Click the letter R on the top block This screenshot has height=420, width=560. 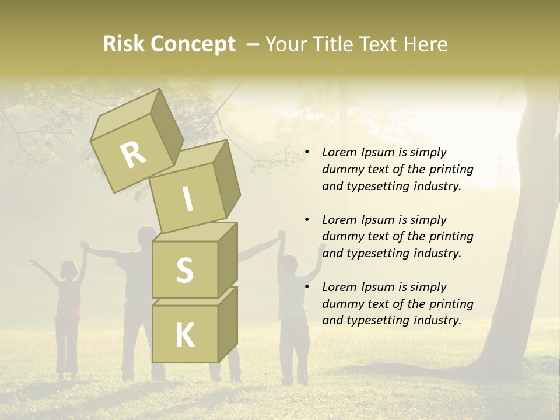[134, 155]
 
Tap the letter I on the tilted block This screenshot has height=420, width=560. [187, 199]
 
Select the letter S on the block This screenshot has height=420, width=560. [184, 270]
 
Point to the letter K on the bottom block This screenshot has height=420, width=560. [184, 335]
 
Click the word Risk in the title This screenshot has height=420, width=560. [124, 44]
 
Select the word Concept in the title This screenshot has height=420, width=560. [193, 45]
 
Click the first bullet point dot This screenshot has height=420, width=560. [307, 153]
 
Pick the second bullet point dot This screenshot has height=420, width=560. [307, 220]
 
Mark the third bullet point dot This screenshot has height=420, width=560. [307, 287]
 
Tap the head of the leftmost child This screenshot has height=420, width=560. [69, 269]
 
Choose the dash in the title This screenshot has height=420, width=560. [254, 44]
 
